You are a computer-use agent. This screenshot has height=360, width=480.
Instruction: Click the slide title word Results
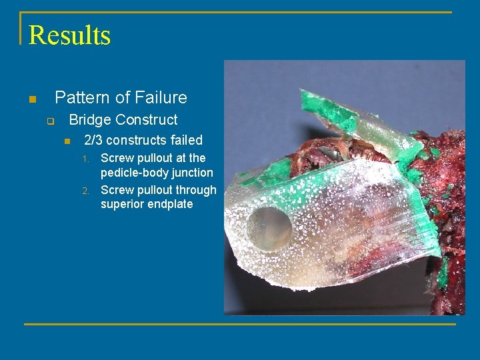tap(69, 35)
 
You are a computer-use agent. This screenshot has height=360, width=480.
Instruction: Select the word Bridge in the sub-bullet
tap(90, 120)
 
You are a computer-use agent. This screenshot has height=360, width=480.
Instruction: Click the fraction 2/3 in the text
tap(93, 140)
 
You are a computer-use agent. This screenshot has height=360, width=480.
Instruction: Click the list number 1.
tap(85, 159)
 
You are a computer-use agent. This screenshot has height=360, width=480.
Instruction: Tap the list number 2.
tap(85, 191)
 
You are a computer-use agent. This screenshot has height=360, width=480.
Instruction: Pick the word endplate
tap(171, 204)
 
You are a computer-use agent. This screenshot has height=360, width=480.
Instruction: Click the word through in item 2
tap(193, 190)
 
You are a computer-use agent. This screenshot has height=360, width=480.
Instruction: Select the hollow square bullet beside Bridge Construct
tap(49, 121)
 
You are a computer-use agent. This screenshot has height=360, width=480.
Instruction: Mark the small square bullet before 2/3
tap(67, 141)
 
